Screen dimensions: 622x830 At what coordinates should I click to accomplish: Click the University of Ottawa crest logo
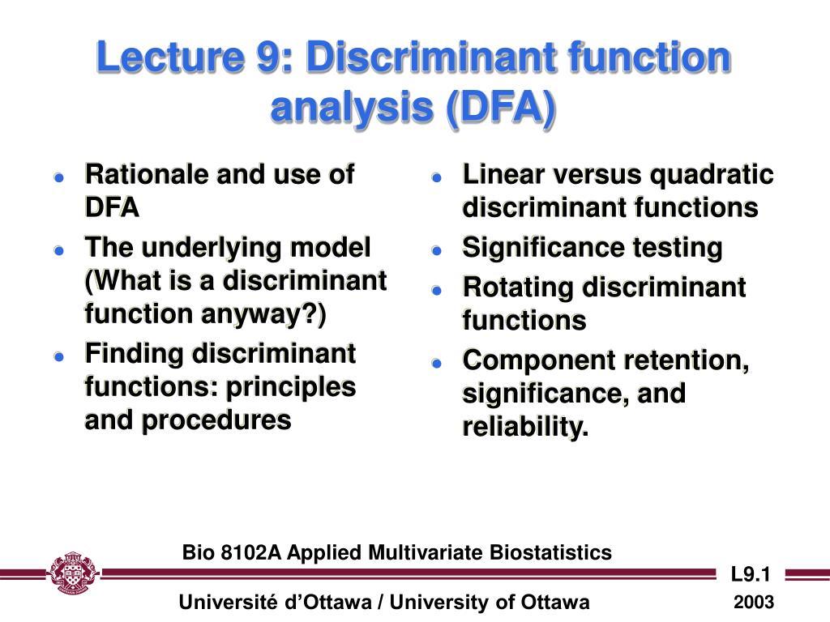pyautogui.click(x=74, y=574)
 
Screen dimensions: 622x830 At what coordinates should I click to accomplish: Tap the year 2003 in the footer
pyautogui.click(x=754, y=603)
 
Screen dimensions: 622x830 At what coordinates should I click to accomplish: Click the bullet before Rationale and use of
pyautogui.click(x=59, y=177)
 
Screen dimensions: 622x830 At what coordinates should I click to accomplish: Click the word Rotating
pyautogui.click(x=518, y=287)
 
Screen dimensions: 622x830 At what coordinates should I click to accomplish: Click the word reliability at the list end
pyautogui.click(x=522, y=427)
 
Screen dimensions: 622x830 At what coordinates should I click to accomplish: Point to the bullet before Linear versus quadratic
pyautogui.click(x=436, y=177)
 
